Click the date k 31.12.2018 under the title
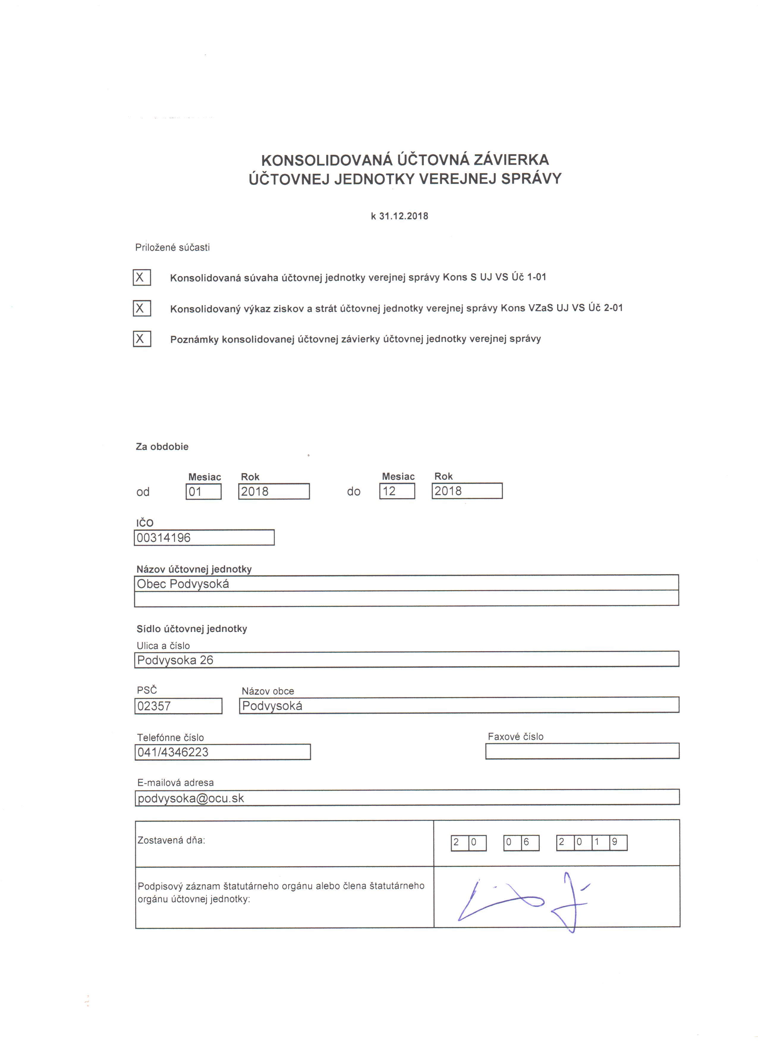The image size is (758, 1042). [x=400, y=216]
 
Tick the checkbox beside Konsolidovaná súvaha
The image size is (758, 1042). [x=141, y=277]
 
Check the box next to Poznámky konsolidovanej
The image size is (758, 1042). [x=141, y=339]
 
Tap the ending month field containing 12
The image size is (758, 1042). [x=397, y=491]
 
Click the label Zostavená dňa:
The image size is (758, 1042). [x=171, y=840]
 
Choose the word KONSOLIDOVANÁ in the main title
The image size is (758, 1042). [x=327, y=160]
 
